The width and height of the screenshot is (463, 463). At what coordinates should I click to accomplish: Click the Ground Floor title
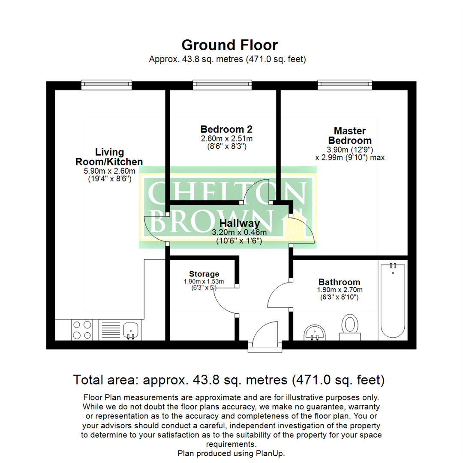coord(229,45)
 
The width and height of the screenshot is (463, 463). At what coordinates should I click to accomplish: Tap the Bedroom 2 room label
coord(226,129)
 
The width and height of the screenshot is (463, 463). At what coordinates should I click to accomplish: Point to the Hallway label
coord(239,223)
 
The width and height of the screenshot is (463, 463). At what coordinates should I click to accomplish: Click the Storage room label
coord(204,274)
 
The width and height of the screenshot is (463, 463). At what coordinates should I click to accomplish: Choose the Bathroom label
coord(339,282)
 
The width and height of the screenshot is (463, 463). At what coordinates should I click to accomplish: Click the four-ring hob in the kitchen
coord(81,330)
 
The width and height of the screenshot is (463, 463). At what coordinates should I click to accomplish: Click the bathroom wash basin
coord(316,333)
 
